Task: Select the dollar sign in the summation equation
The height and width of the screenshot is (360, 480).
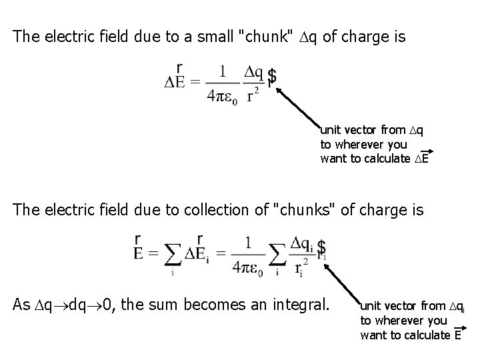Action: [x=323, y=247]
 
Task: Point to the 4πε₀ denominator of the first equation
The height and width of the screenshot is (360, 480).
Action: [x=217, y=95]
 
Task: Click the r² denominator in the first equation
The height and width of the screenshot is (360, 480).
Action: [x=253, y=96]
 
